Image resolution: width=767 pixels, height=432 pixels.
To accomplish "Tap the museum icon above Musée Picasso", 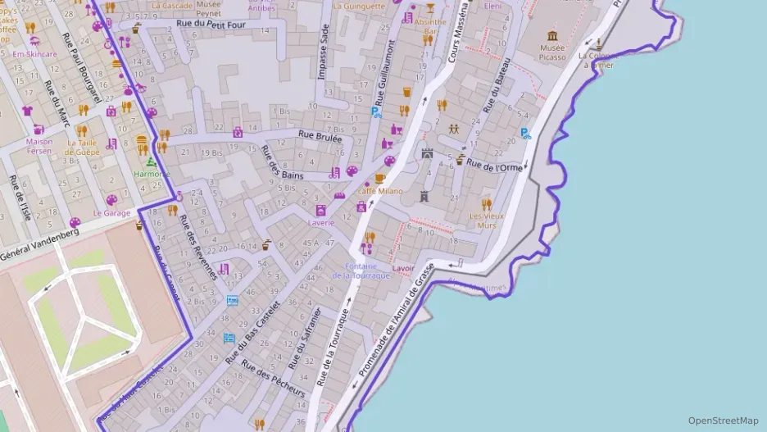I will pyautogui.click(x=552, y=36).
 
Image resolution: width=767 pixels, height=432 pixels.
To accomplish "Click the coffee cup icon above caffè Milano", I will pyautogui.click(x=379, y=178).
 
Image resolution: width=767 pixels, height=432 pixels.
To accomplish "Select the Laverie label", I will pyautogui.click(x=320, y=222).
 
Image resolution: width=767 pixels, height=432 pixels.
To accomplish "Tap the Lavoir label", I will pyautogui.click(x=402, y=268).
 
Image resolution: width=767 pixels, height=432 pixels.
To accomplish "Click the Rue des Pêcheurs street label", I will pyautogui.click(x=275, y=380).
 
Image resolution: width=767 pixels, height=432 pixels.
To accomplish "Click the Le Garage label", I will pyautogui.click(x=111, y=213).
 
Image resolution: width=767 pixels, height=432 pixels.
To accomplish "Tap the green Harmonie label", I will pyautogui.click(x=152, y=175).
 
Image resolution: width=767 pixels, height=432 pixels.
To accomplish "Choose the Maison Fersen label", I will pyautogui.click(x=39, y=146).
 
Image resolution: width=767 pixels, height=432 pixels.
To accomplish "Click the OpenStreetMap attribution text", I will pyautogui.click(x=723, y=421).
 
